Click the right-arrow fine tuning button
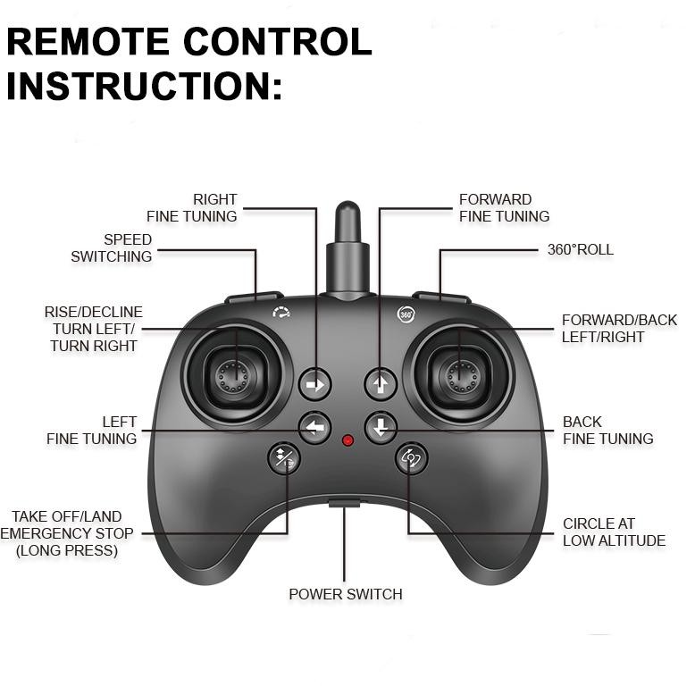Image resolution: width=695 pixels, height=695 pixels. pos(314,385)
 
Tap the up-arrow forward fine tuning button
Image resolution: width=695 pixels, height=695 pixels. pos(381,385)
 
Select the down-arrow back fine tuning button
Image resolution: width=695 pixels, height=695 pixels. pos(381,427)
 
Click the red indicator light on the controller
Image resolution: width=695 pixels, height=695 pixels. pos(347,440)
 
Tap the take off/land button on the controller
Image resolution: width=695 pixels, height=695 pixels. pos(284,459)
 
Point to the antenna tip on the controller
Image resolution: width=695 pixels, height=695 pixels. pos(347,215)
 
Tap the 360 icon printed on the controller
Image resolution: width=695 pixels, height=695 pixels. pos(405,314)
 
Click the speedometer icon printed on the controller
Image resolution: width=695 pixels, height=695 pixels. pos(282,314)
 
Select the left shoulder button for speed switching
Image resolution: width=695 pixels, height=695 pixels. pos(254,297)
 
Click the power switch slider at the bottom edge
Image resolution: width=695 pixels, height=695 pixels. pos(345,504)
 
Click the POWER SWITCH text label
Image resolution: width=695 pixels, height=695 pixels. pos(345,594)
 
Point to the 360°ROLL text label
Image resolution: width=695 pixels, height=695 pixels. pos(580,250)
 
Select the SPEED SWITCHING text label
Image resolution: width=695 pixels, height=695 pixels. pos(112,248)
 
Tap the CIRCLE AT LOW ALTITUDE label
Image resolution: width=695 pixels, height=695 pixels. pos(614,532)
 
